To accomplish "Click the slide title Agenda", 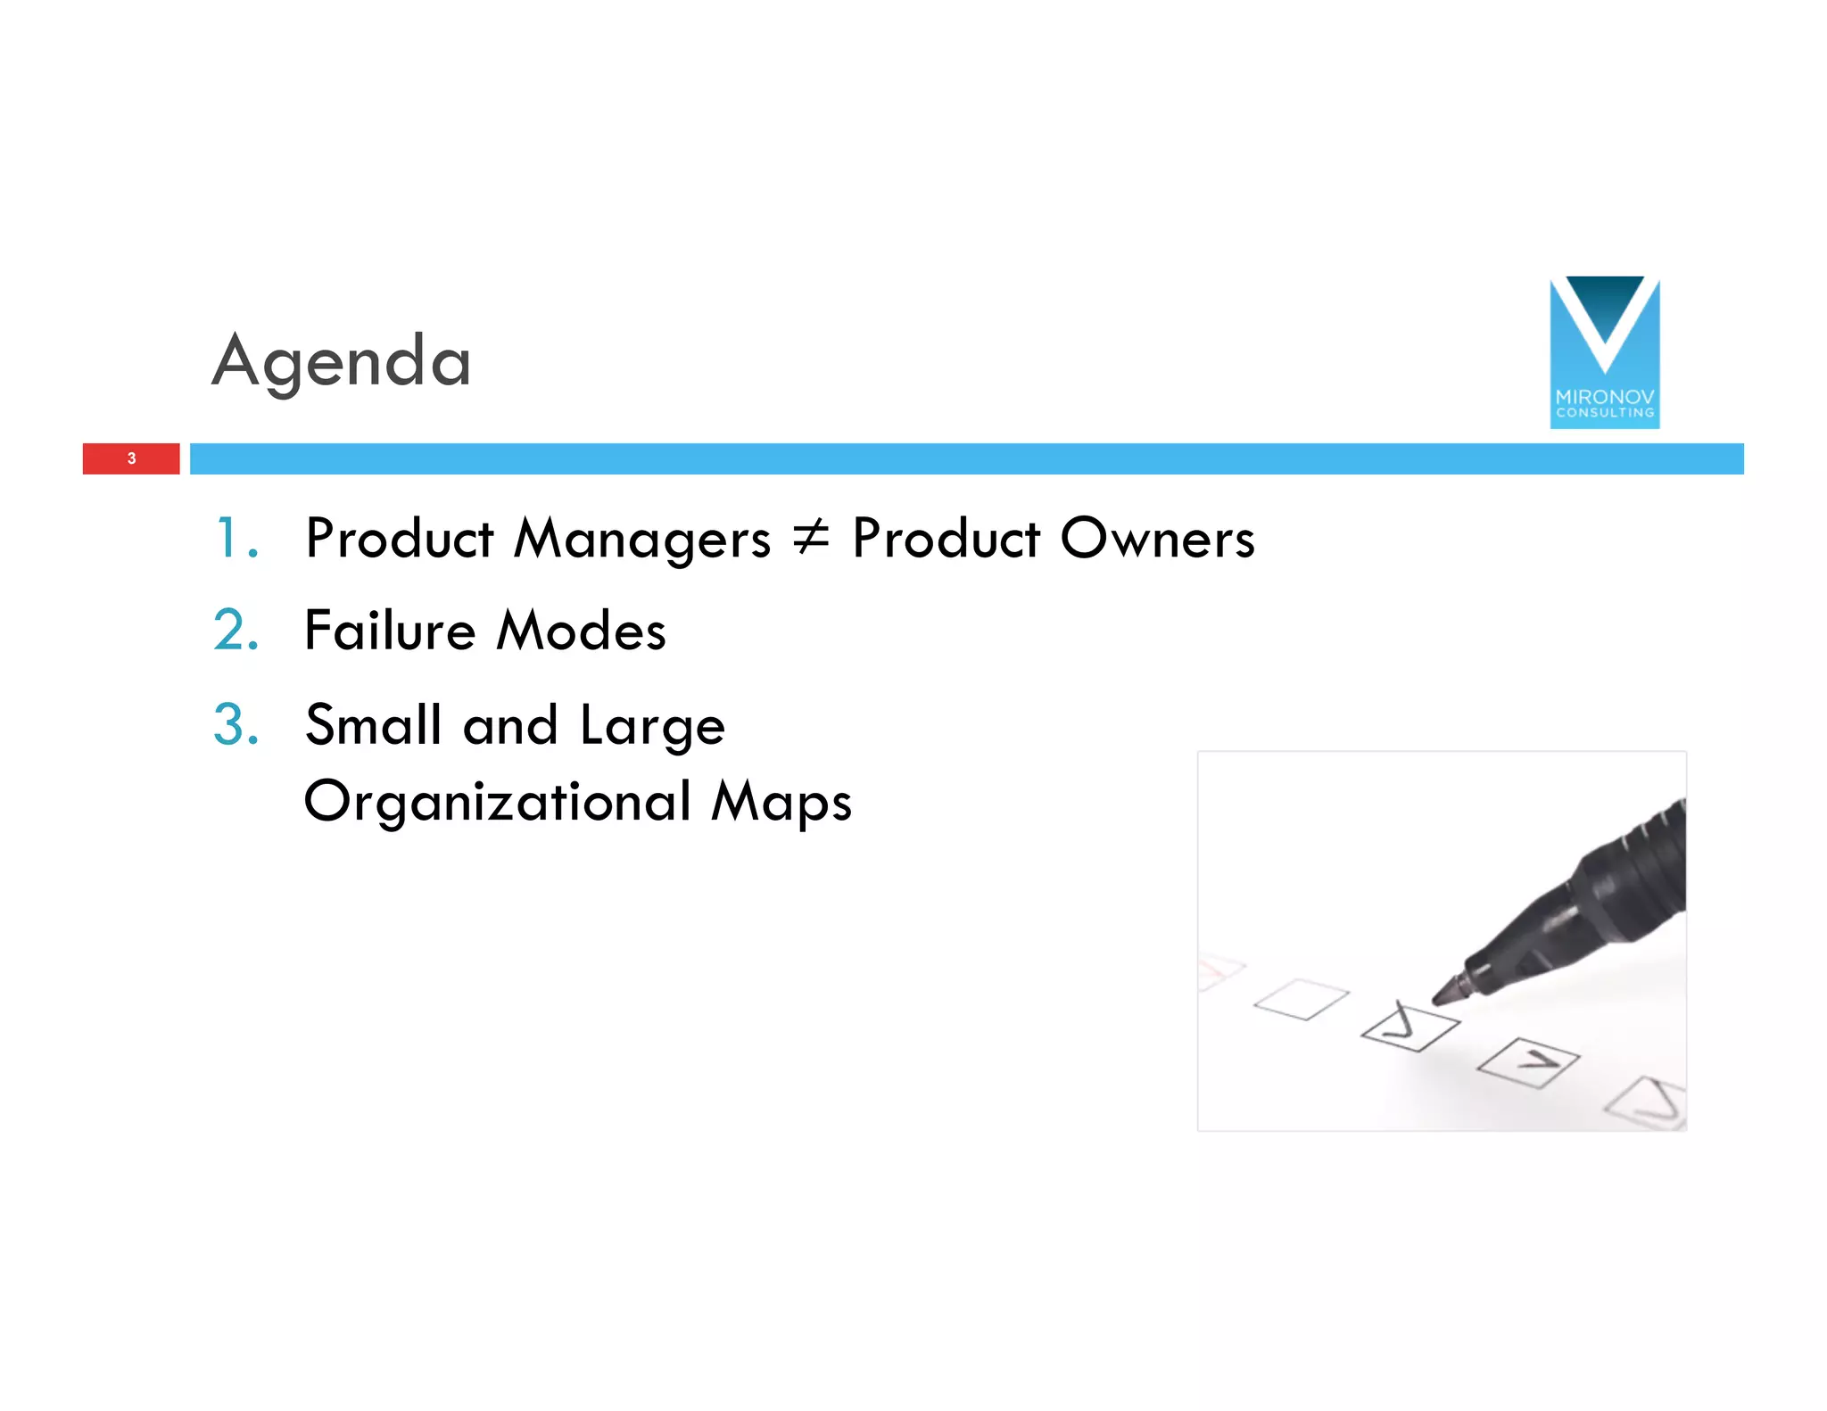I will [x=342, y=360].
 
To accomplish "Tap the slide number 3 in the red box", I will [x=131, y=458].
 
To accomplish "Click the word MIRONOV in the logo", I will [x=1604, y=396].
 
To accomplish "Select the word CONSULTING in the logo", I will [x=1604, y=413].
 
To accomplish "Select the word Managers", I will [x=642, y=540].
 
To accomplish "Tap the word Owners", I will [x=1157, y=538].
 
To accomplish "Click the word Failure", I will [x=390, y=631].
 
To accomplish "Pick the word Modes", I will [x=581, y=631].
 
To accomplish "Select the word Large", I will [x=652, y=726].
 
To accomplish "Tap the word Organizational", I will [x=498, y=801].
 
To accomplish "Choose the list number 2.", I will [x=236, y=631].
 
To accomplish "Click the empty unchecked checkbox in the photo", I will [x=1301, y=999].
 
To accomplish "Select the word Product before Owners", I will [x=946, y=538].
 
